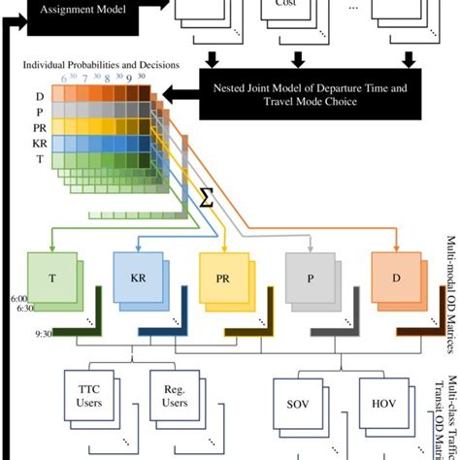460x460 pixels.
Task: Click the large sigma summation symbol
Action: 206,199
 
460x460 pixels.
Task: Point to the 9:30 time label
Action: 16,333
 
